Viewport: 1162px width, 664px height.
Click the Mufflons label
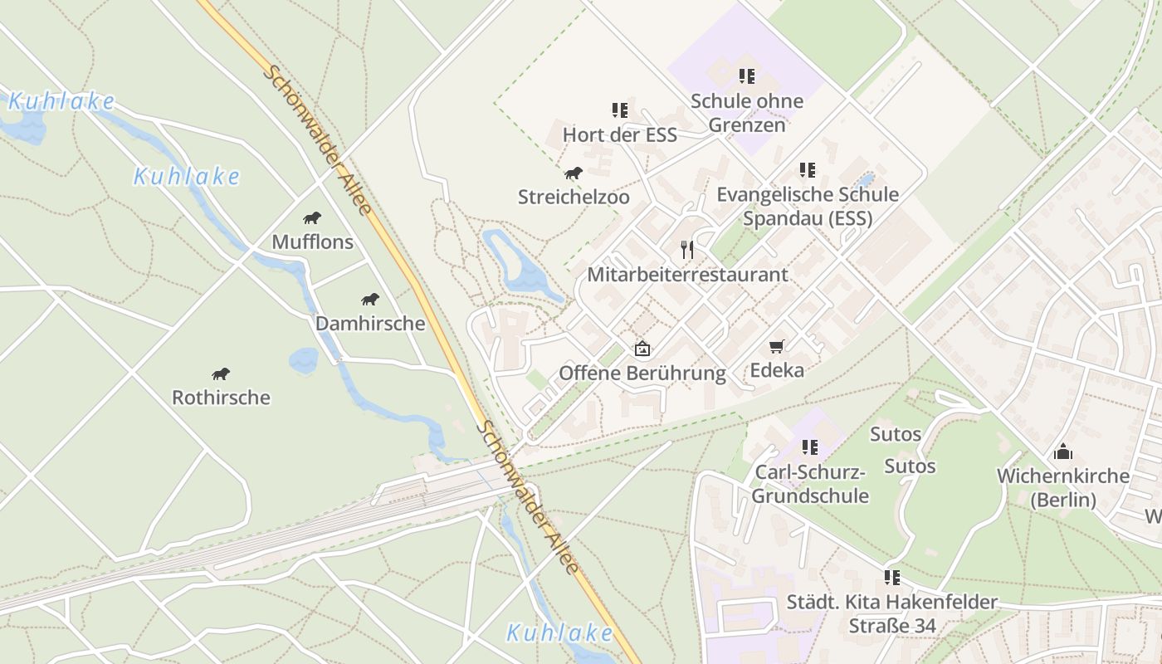312,242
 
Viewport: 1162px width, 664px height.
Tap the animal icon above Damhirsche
370,300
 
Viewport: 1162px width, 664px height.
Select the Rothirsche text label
221,398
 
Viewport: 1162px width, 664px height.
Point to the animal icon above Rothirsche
221,374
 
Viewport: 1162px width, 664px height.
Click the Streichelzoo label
574,198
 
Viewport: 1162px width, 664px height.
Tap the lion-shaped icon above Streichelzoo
574,173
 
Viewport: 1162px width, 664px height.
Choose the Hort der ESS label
619,134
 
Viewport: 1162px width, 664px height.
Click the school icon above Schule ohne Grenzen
747,76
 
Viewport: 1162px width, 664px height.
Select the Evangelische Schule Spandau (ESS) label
807,206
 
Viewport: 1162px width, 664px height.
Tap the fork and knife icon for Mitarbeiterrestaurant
687,249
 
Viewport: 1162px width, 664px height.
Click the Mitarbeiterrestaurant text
687,274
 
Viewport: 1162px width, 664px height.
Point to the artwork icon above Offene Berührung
642,349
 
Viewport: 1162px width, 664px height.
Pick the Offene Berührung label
642,373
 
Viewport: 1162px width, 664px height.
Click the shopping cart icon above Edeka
777,346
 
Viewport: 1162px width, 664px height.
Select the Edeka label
777,370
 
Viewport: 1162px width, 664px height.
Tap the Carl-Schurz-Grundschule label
811,485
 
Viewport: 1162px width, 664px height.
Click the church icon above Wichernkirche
1063,452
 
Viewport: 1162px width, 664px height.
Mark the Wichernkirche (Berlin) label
1063,488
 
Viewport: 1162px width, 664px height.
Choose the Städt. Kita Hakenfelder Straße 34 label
892,613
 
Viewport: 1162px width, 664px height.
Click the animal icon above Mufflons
312,218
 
